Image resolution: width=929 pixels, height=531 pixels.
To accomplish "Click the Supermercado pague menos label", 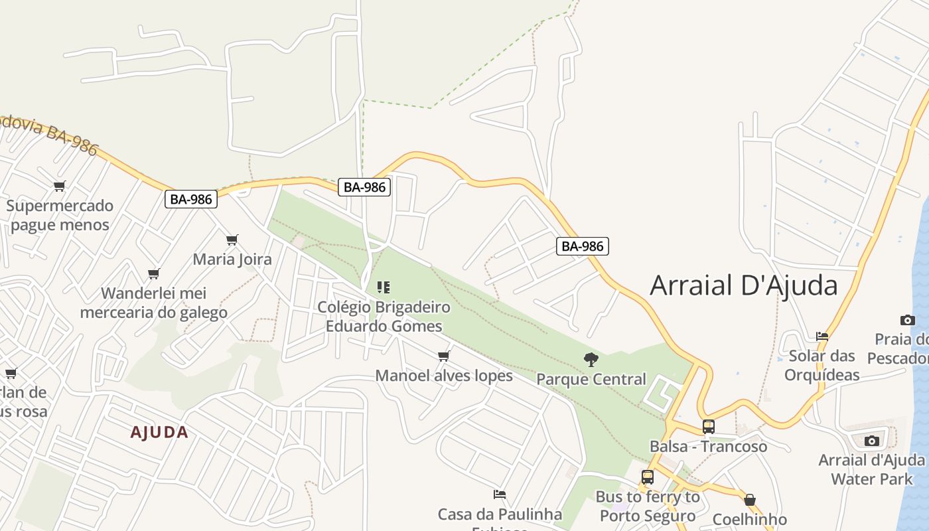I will (60, 215).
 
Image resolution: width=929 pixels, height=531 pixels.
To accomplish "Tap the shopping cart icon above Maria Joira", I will (232, 240).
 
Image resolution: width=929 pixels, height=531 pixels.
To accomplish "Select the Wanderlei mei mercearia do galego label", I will (154, 303).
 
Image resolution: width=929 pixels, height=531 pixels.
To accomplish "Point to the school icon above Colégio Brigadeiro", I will (383, 287).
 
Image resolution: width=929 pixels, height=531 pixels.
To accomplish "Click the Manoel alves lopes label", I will (444, 376).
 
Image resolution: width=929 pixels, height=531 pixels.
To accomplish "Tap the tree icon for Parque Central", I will (591, 360).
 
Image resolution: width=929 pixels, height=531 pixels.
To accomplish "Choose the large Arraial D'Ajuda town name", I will (743, 285).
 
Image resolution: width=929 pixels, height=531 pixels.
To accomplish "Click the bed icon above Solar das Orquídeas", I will (822, 337).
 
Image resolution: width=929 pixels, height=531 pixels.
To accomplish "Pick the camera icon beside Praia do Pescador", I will (907, 320).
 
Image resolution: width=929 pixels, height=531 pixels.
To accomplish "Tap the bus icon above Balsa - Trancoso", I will (708, 427).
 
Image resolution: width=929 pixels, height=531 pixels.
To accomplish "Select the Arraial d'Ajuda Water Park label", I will (871, 469).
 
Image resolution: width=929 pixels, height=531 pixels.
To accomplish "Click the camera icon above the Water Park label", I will (871, 441).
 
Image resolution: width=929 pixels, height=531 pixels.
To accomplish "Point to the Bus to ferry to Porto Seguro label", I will (648, 506).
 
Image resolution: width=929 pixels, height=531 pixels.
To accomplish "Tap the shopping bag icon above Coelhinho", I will (750, 500).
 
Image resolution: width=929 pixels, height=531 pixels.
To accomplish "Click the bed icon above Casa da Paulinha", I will (500, 494).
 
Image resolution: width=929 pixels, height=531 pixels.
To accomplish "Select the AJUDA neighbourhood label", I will (159, 433).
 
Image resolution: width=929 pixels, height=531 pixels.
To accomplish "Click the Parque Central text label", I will (591, 379).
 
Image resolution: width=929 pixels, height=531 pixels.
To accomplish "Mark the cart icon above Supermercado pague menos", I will (60, 187).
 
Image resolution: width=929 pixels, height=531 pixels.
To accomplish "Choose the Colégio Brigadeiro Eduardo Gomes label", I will (384, 317).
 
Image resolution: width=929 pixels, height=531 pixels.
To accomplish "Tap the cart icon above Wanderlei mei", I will (154, 273).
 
